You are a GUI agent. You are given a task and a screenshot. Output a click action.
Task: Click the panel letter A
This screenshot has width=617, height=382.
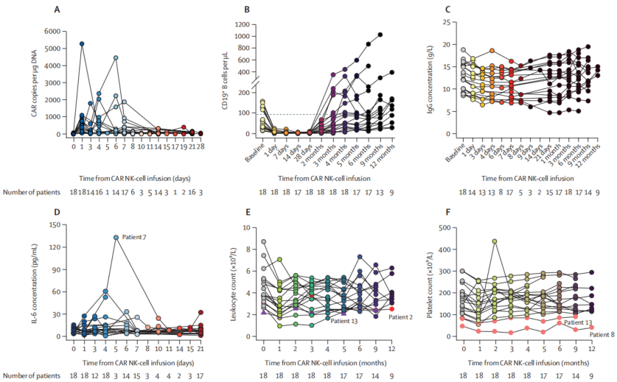[x=57, y=9]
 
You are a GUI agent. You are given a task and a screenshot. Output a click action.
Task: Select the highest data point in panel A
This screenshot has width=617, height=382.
[x=82, y=44]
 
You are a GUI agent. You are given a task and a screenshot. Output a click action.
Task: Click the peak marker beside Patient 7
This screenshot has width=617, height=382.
[x=116, y=238]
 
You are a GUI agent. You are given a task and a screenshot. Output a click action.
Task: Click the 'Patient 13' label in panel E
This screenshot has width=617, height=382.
[x=345, y=321]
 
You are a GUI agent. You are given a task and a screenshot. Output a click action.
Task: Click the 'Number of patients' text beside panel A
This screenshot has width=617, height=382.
[x=32, y=191]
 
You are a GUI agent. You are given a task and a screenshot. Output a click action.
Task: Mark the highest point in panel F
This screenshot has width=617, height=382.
[x=494, y=241]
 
